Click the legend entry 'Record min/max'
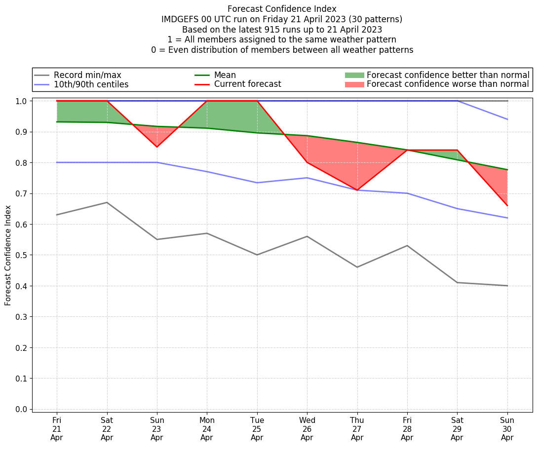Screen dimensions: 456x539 (87, 75)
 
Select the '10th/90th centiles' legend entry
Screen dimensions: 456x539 (91, 84)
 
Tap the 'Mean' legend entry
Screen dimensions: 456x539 (225, 75)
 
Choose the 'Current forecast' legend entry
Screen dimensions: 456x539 (247, 84)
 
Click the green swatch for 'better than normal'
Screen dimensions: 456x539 (354, 75)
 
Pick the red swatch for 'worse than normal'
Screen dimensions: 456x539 (354, 84)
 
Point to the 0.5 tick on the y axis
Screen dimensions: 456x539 (21, 255)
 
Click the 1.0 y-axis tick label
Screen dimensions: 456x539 (21, 101)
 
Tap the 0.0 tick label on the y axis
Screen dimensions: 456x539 (21, 409)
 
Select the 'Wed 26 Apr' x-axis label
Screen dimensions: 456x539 (307, 428)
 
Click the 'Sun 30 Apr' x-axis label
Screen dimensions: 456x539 (507, 428)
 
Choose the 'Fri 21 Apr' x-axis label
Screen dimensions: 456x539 (57, 428)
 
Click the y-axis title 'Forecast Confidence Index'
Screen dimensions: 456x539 (8, 255)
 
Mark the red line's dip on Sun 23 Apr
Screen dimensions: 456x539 (157, 147)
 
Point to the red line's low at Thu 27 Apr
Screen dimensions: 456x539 (357, 190)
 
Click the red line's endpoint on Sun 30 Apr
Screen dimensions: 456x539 (507, 205)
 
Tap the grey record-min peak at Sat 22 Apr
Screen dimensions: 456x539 (107, 202)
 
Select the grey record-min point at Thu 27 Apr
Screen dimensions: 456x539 (357, 267)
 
